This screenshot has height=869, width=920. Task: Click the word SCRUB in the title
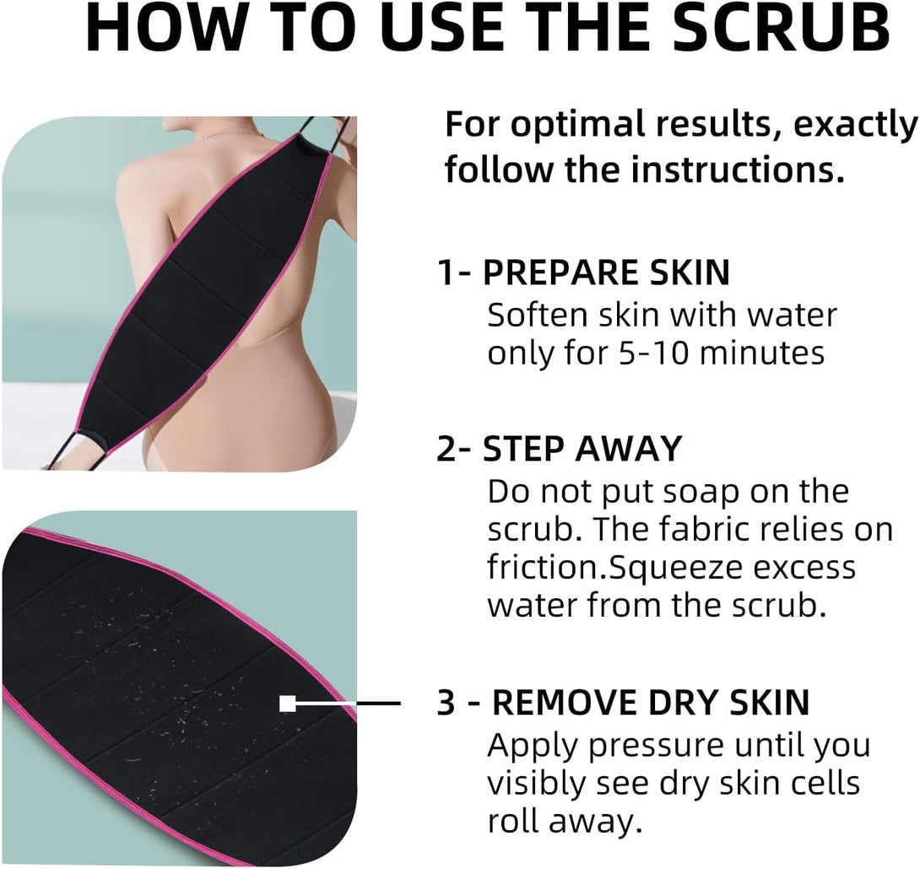[x=781, y=28]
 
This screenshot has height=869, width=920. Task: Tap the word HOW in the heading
[x=160, y=28]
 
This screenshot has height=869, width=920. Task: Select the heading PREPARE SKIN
[x=606, y=273]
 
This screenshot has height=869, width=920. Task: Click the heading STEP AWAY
[x=582, y=449]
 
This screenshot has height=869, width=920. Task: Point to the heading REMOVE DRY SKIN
[x=651, y=703]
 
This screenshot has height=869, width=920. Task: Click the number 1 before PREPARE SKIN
[x=446, y=273]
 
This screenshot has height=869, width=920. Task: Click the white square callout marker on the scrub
[x=288, y=703]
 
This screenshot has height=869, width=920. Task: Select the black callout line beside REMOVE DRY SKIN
[x=349, y=703]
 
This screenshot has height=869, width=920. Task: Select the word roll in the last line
[x=513, y=821]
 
